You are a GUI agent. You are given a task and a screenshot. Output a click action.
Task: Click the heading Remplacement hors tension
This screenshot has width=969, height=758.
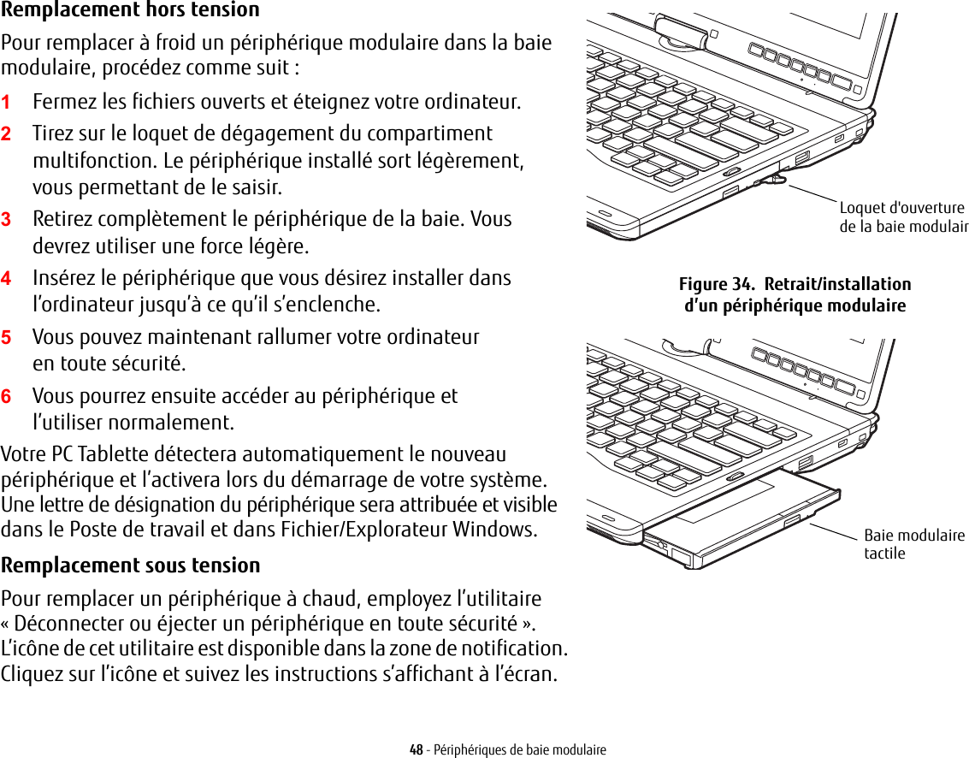pos(130,10)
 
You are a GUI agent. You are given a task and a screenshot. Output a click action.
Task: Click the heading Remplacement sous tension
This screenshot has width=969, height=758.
pos(130,566)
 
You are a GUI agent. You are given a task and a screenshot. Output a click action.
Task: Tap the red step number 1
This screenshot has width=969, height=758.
pos(6,103)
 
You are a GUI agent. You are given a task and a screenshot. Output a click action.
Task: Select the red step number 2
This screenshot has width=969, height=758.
pos(6,134)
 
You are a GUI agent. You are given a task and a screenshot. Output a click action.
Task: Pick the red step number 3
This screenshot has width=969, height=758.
pos(6,219)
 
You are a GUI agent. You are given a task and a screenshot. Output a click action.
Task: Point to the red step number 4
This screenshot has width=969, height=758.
pos(6,279)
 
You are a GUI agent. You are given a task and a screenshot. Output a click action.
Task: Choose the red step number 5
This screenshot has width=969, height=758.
pos(6,338)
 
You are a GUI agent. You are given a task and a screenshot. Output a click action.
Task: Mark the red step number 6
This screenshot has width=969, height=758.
pos(6,397)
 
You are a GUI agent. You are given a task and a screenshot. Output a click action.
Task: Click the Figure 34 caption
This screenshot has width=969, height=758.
pos(795,294)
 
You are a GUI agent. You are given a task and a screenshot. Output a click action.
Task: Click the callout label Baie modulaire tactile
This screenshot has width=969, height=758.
pos(913,544)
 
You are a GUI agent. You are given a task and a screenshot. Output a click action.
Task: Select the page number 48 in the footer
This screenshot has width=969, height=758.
pos(416,750)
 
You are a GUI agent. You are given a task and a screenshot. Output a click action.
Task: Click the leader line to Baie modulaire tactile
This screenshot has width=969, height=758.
pos(833,531)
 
